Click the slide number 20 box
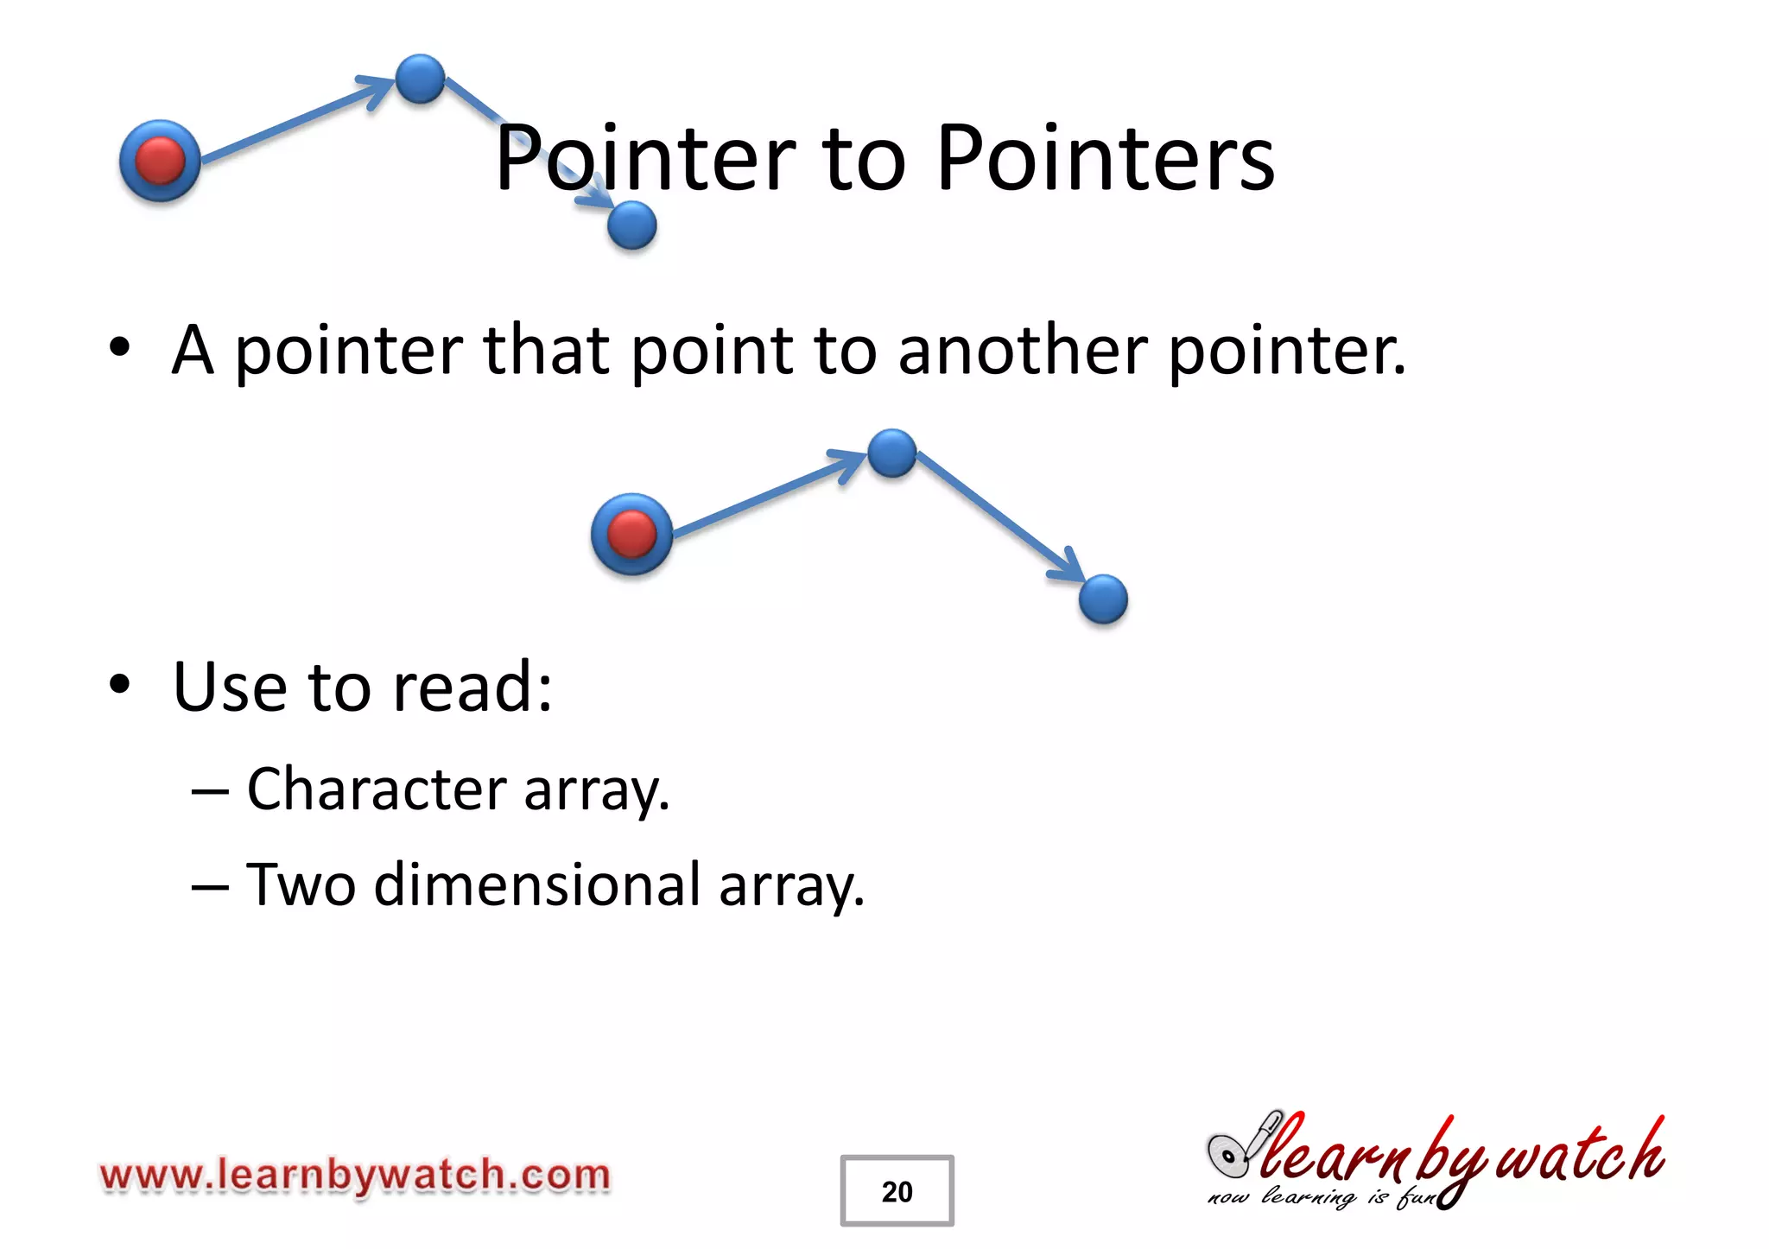click(x=897, y=1190)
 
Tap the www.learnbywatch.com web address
click(x=355, y=1176)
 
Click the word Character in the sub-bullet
click(x=377, y=789)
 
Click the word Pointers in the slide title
click(x=1106, y=159)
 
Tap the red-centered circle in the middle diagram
click(x=631, y=534)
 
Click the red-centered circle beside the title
click(x=160, y=161)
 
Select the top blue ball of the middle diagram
click(x=891, y=453)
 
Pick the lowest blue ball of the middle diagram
click(x=1103, y=599)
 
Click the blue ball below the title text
click(x=631, y=225)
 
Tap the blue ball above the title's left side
click(x=420, y=79)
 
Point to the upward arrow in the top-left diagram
click(x=294, y=120)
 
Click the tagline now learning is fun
click(x=1320, y=1198)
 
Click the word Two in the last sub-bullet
click(x=301, y=885)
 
